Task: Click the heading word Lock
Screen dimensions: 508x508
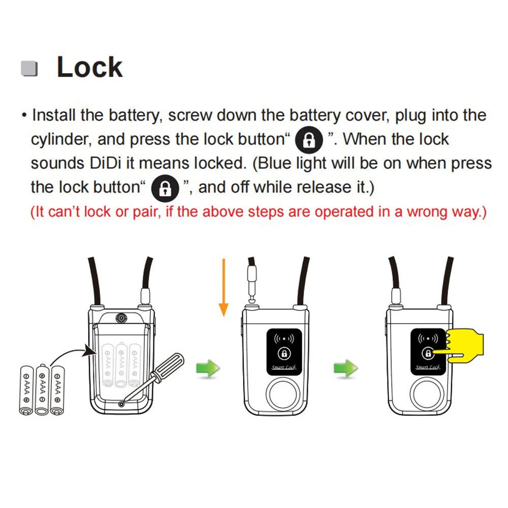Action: click(89, 68)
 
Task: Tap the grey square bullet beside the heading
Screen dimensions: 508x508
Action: click(29, 69)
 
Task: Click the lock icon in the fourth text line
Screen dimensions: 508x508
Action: click(165, 188)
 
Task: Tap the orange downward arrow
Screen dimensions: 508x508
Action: click(223, 287)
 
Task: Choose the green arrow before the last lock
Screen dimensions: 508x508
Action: click(345, 367)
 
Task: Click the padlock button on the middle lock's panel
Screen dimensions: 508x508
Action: click(284, 353)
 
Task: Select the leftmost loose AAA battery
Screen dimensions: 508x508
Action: click(25, 390)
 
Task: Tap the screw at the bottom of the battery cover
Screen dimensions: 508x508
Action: click(121, 403)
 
